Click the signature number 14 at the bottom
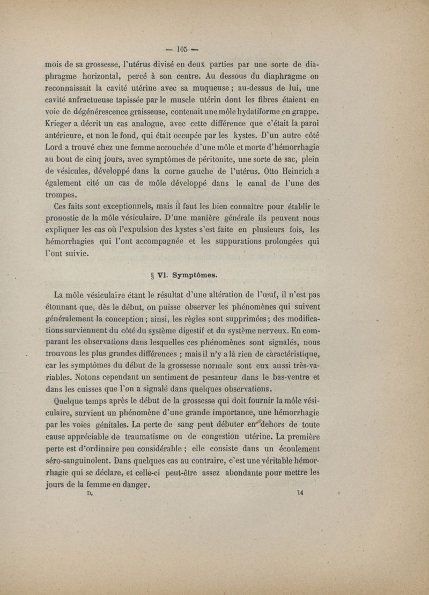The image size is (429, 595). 299,494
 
